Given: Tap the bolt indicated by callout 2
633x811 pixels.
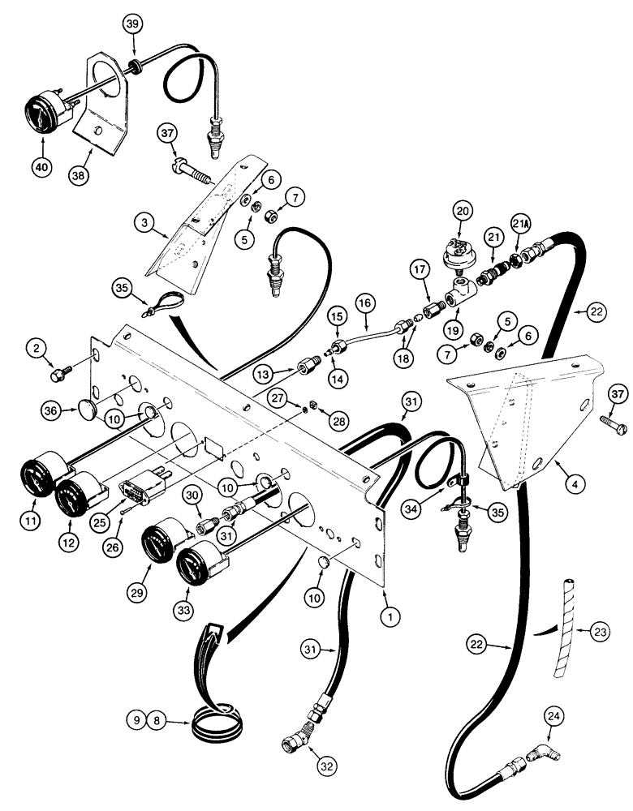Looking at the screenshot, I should (x=59, y=375).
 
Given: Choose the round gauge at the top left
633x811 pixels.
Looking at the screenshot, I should (x=45, y=118).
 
